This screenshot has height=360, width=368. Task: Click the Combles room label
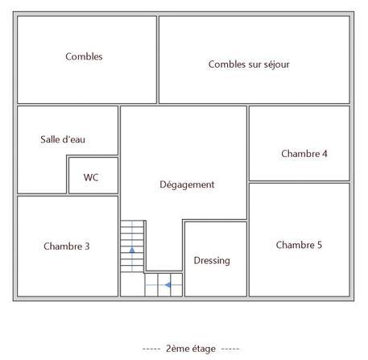[84, 57]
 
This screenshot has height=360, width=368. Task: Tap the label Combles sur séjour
[249, 64]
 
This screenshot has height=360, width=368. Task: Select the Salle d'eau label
[63, 139]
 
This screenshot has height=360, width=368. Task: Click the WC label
[91, 178]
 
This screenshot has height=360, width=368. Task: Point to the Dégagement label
[187, 184]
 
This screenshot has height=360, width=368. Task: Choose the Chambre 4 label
[304, 153]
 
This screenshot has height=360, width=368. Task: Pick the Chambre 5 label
[299, 245]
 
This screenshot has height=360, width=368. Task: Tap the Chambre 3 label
[67, 246]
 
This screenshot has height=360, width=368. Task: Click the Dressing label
[212, 260]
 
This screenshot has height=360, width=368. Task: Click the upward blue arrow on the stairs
[132, 252]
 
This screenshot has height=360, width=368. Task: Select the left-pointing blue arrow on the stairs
[167, 284]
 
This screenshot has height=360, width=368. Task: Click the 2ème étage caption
[191, 349]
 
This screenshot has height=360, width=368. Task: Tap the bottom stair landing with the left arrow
[163, 285]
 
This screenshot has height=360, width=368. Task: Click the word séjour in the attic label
[275, 64]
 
